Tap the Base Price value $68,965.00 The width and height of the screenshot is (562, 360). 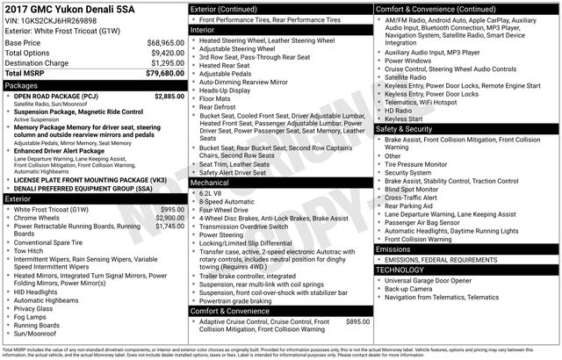click(160, 42)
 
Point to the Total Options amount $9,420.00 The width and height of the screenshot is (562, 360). click(162, 53)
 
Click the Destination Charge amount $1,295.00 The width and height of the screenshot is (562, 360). click(162, 63)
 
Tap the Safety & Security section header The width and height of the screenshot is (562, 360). click(407, 128)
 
